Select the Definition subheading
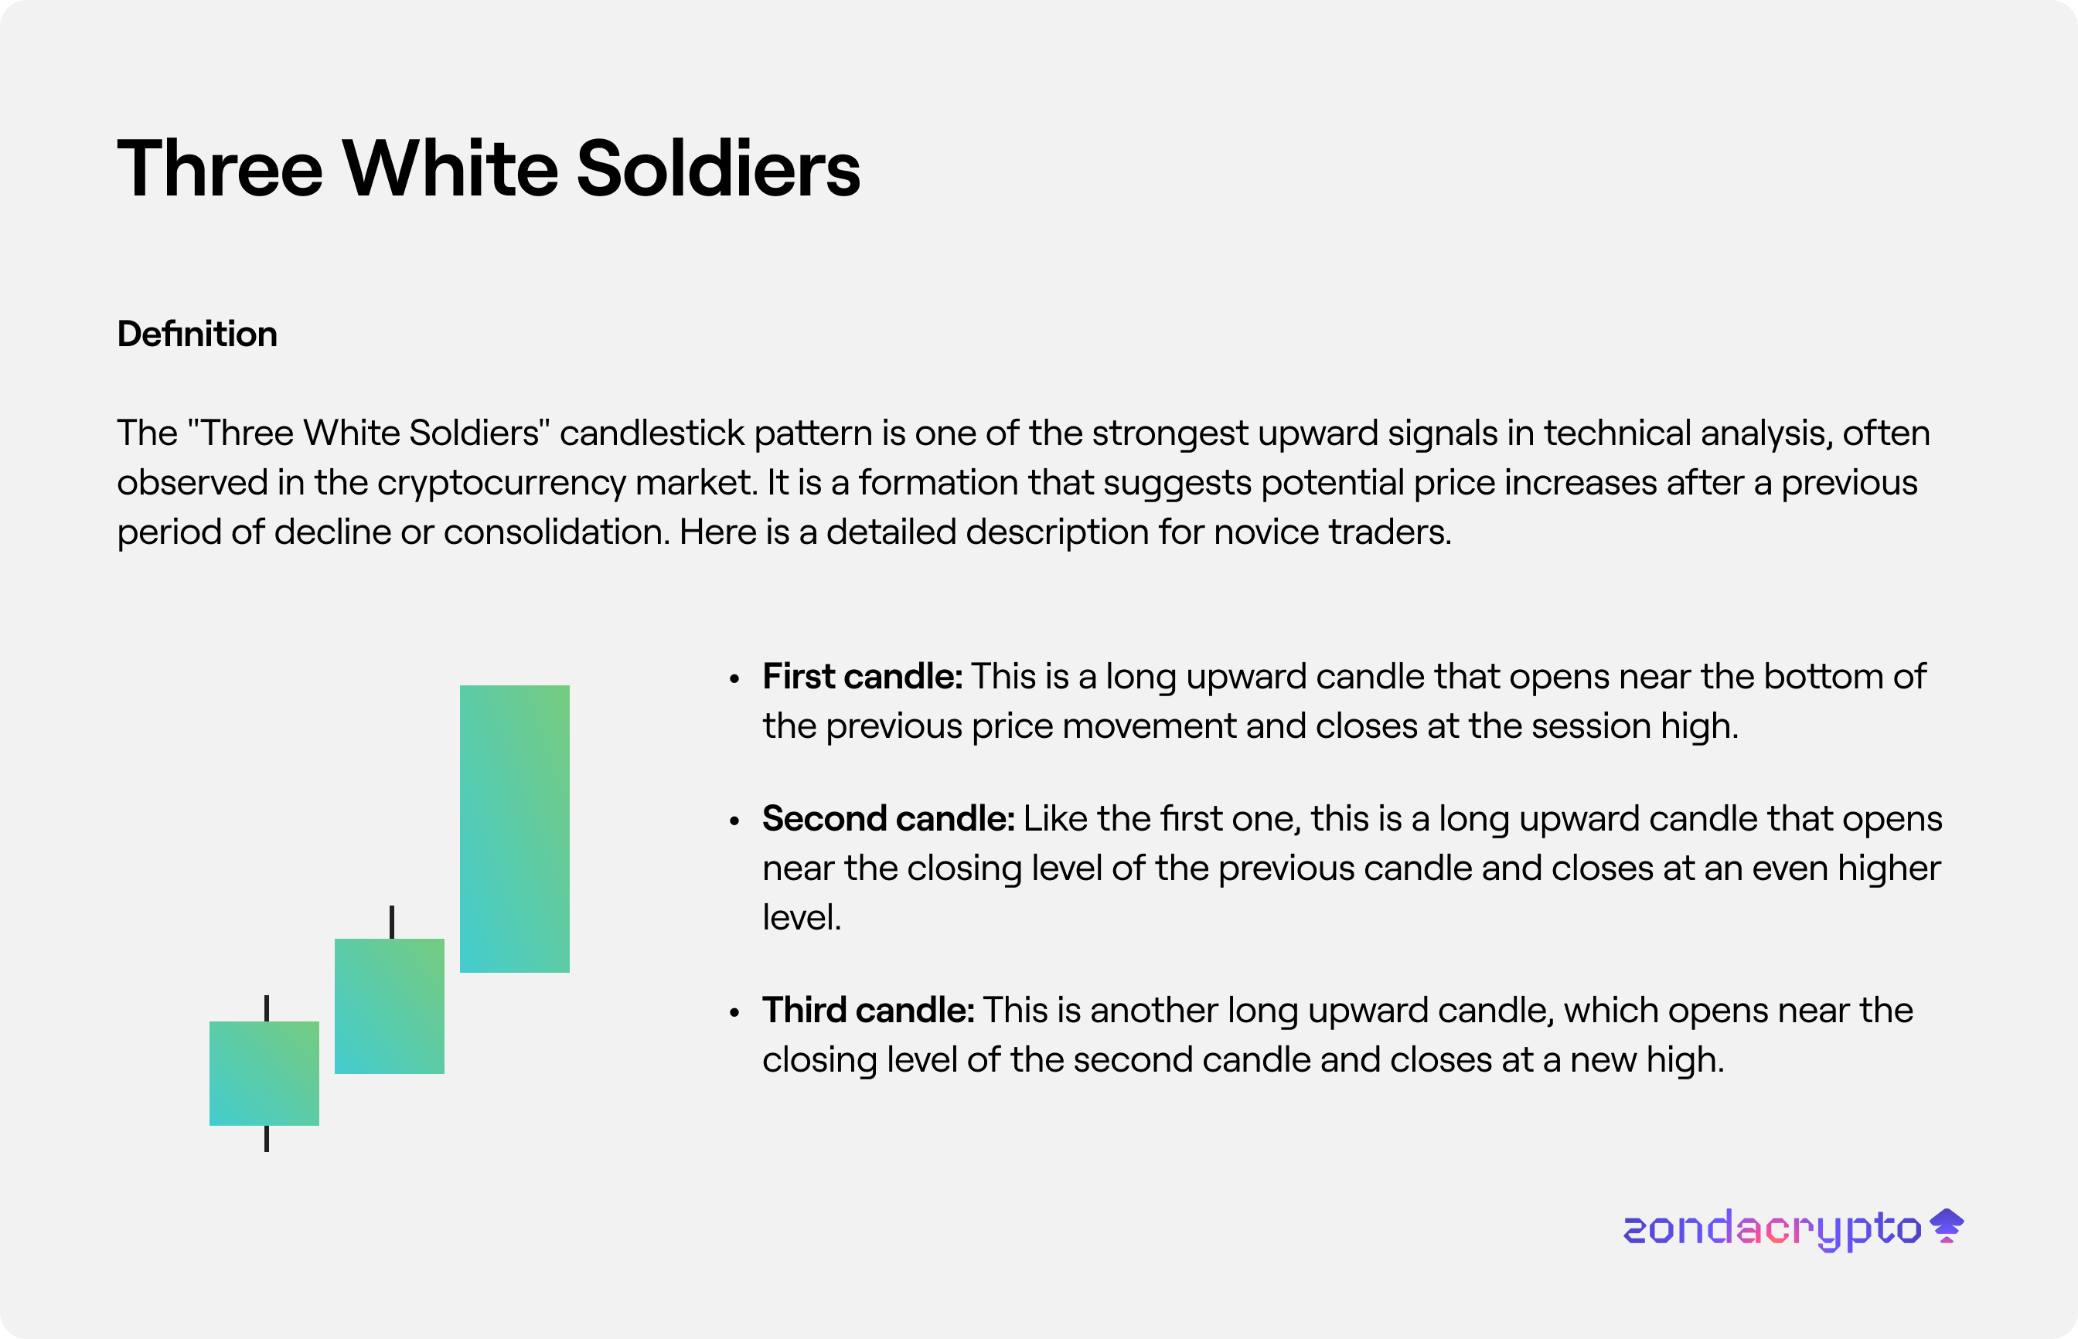tap(197, 334)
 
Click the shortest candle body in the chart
tap(264, 1073)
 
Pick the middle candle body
tap(390, 1006)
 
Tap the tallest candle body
tap(515, 828)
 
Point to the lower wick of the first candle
tap(267, 1139)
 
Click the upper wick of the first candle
tap(267, 1008)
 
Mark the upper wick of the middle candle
tap(392, 923)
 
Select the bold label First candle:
tap(862, 677)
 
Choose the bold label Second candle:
tap(888, 819)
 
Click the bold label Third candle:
tap(868, 1011)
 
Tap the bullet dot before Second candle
tap(735, 821)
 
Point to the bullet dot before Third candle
tap(735, 1012)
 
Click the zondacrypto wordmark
tap(1772, 1229)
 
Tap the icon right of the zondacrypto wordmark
tap(1947, 1226)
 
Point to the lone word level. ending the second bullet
tap(802, 917)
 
